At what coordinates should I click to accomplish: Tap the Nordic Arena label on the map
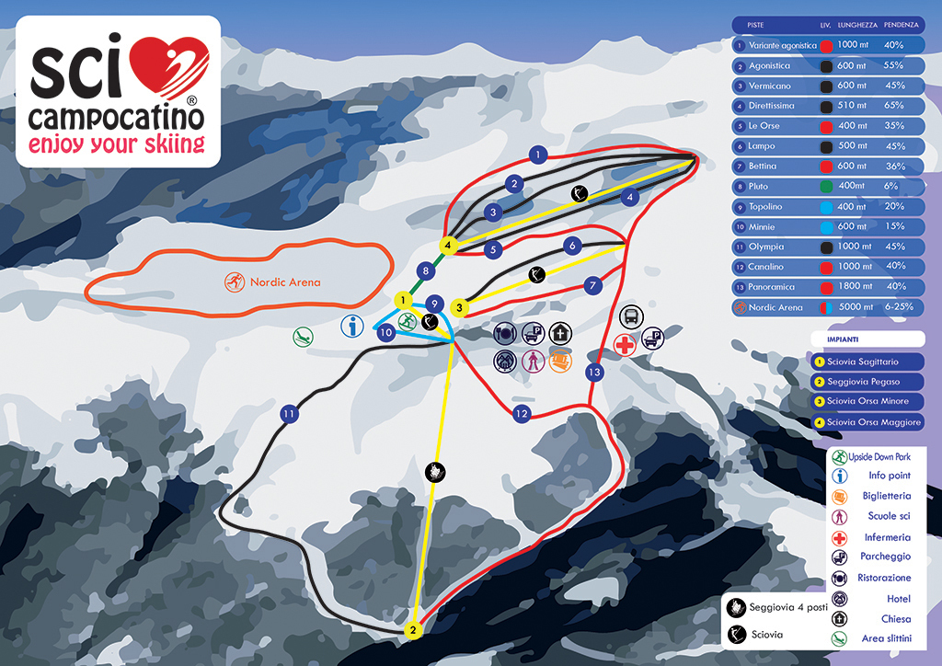coord(285,281)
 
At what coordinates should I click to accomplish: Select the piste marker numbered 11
coord(291,415)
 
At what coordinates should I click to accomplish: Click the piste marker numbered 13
coord(594,373)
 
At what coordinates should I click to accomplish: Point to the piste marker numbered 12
coord(522,414)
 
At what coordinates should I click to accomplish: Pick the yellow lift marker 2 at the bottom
coord(414,631)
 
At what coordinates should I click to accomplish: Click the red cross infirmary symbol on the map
coord(625,346)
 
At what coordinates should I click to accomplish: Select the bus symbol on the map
coord(631,316)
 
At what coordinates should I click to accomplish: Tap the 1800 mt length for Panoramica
coord(853,287)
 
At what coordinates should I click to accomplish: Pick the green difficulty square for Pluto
coord(826,187)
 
